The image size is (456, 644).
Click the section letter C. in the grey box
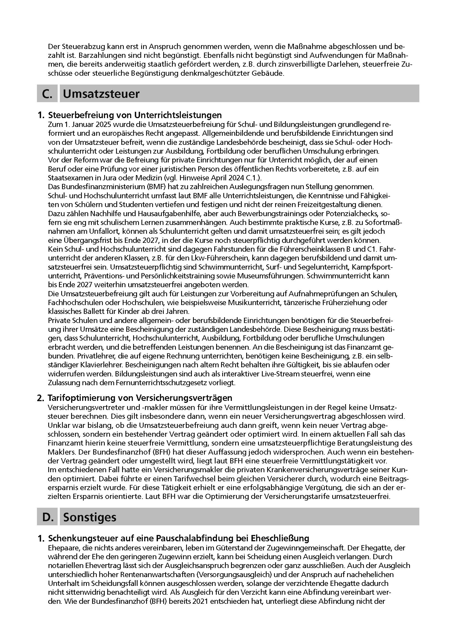pos(47,94)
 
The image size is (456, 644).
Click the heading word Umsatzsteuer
pos(101,94)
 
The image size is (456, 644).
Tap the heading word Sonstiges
pos(90,517)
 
